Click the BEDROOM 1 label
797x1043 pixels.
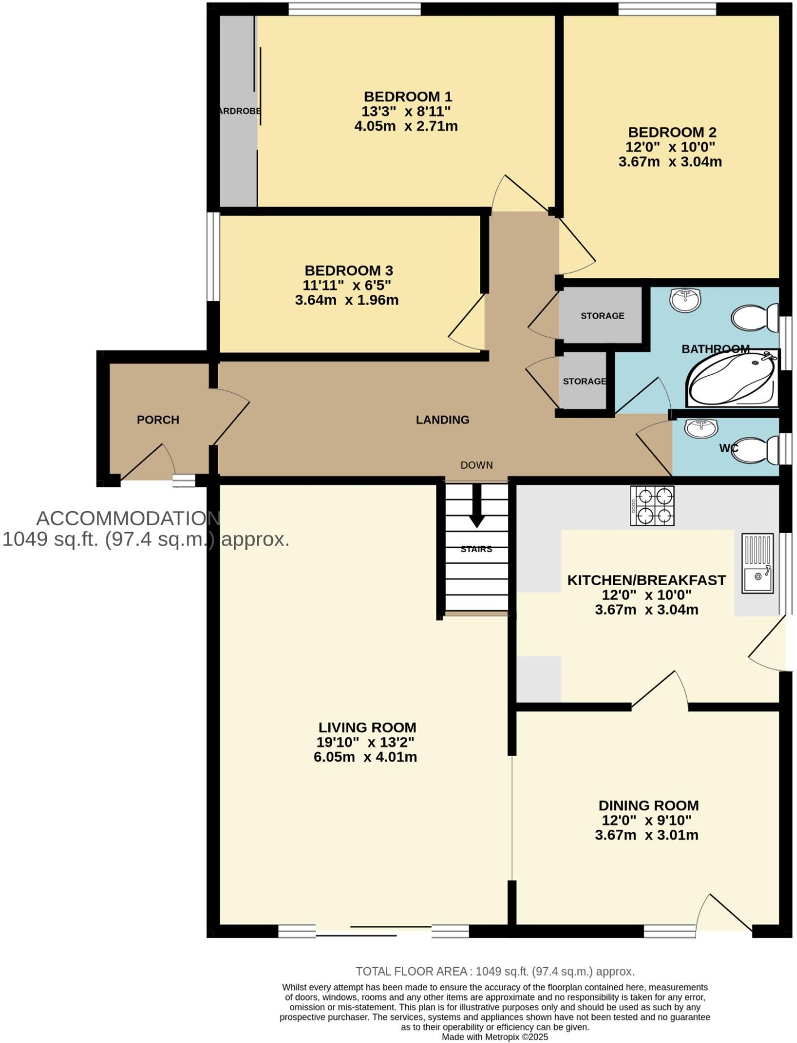(408, 96)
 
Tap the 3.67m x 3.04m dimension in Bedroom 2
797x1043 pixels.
(670, 162)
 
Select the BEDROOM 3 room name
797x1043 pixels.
(349, 271)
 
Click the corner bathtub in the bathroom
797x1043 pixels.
(731, 378)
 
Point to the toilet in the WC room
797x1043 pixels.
(756, 450)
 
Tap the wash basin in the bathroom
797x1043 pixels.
(685, 299)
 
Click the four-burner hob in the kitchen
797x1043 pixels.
(652, 505)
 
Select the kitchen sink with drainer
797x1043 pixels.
(757, 564)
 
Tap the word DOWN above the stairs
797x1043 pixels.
(477, 465)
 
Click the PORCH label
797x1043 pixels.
(158, 420)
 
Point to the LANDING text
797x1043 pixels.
(443, 420)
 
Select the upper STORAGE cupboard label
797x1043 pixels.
(602, 316)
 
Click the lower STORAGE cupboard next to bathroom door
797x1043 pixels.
(584, 381)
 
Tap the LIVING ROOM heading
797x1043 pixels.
(367, 728)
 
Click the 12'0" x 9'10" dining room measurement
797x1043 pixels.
(646, 821)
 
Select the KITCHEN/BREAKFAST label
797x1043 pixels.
(646, 581)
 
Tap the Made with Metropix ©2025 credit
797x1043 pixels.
(495, 1037)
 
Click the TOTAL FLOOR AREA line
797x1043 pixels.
(495, 972)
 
